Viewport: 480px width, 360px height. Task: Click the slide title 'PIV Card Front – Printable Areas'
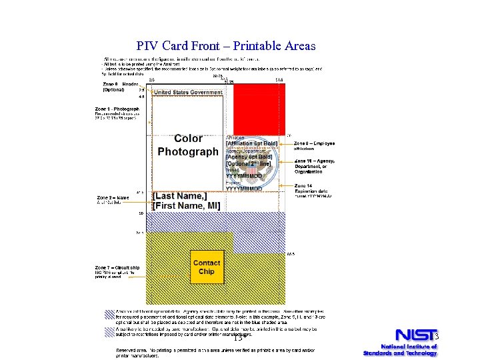[225, 46]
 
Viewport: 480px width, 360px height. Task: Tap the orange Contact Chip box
[207, 267]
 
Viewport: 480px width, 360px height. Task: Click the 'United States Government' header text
[188, 92]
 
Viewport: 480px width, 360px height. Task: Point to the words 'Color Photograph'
[188, 145]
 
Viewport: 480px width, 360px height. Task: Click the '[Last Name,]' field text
[180, 196]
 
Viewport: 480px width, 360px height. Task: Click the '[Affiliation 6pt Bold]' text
[252, 144]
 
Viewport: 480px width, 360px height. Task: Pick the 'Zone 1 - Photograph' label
[117, 109]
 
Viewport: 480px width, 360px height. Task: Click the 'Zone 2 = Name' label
[113, 197]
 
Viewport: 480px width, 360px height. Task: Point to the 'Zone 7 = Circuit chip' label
[117, 266]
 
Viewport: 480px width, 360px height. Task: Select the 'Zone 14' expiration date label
[303, 185]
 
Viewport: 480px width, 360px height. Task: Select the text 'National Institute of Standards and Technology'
[399, 349]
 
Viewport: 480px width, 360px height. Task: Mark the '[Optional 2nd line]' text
[249, 164]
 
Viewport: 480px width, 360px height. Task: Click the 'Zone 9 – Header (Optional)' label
[120, 87]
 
